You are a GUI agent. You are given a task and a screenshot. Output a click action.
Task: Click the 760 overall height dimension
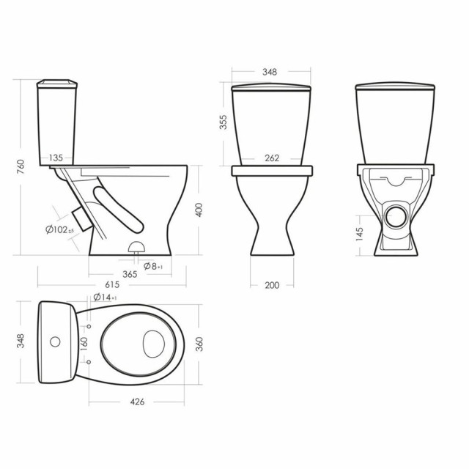click(x=21, y=167)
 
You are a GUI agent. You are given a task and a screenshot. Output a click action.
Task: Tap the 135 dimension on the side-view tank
click(x=56, y=158)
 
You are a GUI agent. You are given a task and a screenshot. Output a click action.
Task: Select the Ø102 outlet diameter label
click(x=59, y=229)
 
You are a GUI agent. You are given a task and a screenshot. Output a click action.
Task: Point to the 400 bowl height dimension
click(x=199, y=210)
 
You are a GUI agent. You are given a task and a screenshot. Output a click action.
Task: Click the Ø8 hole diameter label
click(x=153, y=266)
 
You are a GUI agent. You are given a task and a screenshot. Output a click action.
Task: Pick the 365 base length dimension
click(x=130, y=274)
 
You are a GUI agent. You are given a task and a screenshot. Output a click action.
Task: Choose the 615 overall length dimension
click(x=112, y=284)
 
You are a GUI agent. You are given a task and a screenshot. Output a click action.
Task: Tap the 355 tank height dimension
click(x=223, y=122)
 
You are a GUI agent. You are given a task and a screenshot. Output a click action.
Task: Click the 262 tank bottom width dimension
click(x=272, y=158)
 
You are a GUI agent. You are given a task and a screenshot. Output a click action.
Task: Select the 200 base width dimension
click(x=272, y=285)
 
